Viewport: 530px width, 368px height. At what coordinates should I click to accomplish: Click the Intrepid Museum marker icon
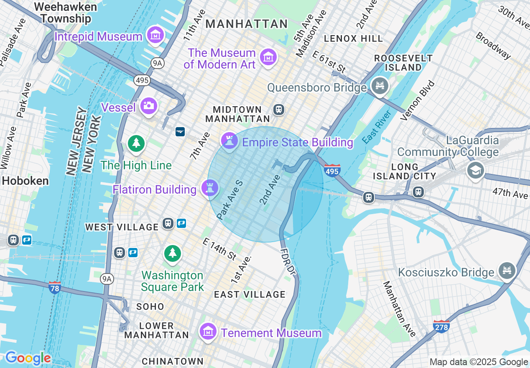(x=155, y=36)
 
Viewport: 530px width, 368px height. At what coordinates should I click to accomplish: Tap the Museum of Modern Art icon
(x=268, y=57)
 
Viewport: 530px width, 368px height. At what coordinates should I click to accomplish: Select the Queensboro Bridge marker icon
(x=380, y=87)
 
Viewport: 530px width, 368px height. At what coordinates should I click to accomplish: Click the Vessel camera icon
(x=148, y=106)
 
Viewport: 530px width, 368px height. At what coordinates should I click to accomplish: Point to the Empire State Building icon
(x=229, y=141)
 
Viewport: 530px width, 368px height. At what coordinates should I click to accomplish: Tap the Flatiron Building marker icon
(x=209, y=188)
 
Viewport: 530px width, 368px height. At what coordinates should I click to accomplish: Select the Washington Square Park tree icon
(x=172, y=253)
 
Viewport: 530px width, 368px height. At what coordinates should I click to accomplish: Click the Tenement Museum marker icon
(x=208, y=332)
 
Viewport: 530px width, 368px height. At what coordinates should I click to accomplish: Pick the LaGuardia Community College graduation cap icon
(x=475, y=171)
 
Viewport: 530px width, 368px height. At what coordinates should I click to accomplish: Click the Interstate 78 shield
(x=54, y=287)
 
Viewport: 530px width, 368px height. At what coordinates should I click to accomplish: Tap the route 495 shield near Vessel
(x=142, y=80)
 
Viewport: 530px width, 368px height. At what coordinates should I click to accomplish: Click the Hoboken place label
(x=25, y=181)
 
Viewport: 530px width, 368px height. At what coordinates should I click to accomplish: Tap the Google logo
(x=28, y=358)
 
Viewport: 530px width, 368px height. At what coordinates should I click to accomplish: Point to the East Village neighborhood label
(x=250, y=294)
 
